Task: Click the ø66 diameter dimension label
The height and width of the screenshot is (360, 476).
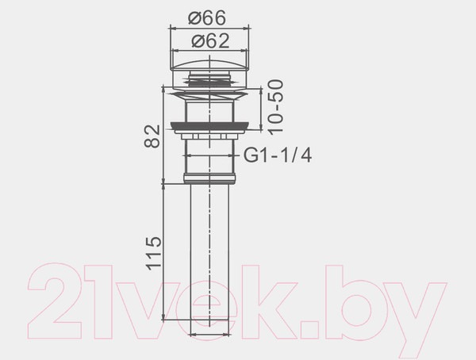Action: click(207, 17)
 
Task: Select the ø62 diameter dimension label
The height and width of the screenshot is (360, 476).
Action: click(210, 40)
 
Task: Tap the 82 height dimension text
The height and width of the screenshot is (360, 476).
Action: click(152, 136)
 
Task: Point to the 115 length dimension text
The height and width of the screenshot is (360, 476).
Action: click(154, 253)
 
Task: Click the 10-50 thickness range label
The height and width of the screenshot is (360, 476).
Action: click(275, 106)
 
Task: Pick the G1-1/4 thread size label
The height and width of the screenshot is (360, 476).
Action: click(278, 155)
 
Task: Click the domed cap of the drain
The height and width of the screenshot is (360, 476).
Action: click(209, 66)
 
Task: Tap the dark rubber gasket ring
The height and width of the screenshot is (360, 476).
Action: click(209, 125)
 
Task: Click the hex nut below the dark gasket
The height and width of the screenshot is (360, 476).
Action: click(209, 136)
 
